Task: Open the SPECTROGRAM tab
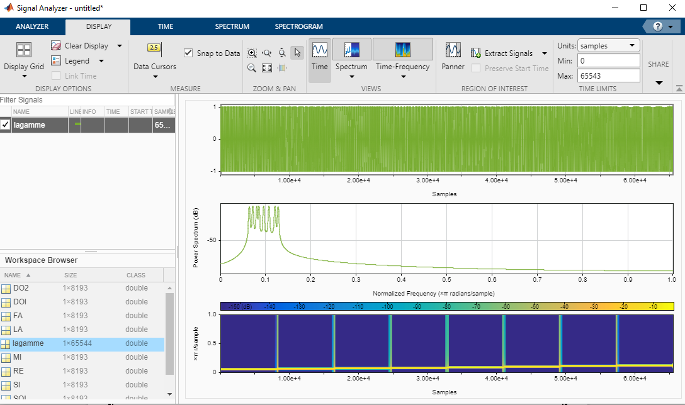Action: pyautogui.click(x=298, y=26)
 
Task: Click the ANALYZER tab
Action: pyautogui.click(x=32, y=26)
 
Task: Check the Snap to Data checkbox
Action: pyautogui.click(x=188, y=53)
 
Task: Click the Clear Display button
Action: pyautogui.click(x=79, y=46)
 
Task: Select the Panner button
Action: pyautogui.click(x=453, y=56)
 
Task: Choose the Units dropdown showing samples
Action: pyautogui.click(x=607, y=46)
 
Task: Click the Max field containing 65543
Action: pyautogui.click(x=607, y=76)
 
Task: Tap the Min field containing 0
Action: pyautogui.click(x=607, y=61)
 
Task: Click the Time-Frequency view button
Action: pyautogui.click(x=402, y=56)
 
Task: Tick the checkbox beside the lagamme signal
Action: pyautogui.click(x=6, y=125)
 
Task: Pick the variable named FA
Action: pyautogui.click(x=18, y=316)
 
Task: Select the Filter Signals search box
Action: pyautogui.click(x=87, y=100)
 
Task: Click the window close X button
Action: pyautogui.click(x=670, y=8)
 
